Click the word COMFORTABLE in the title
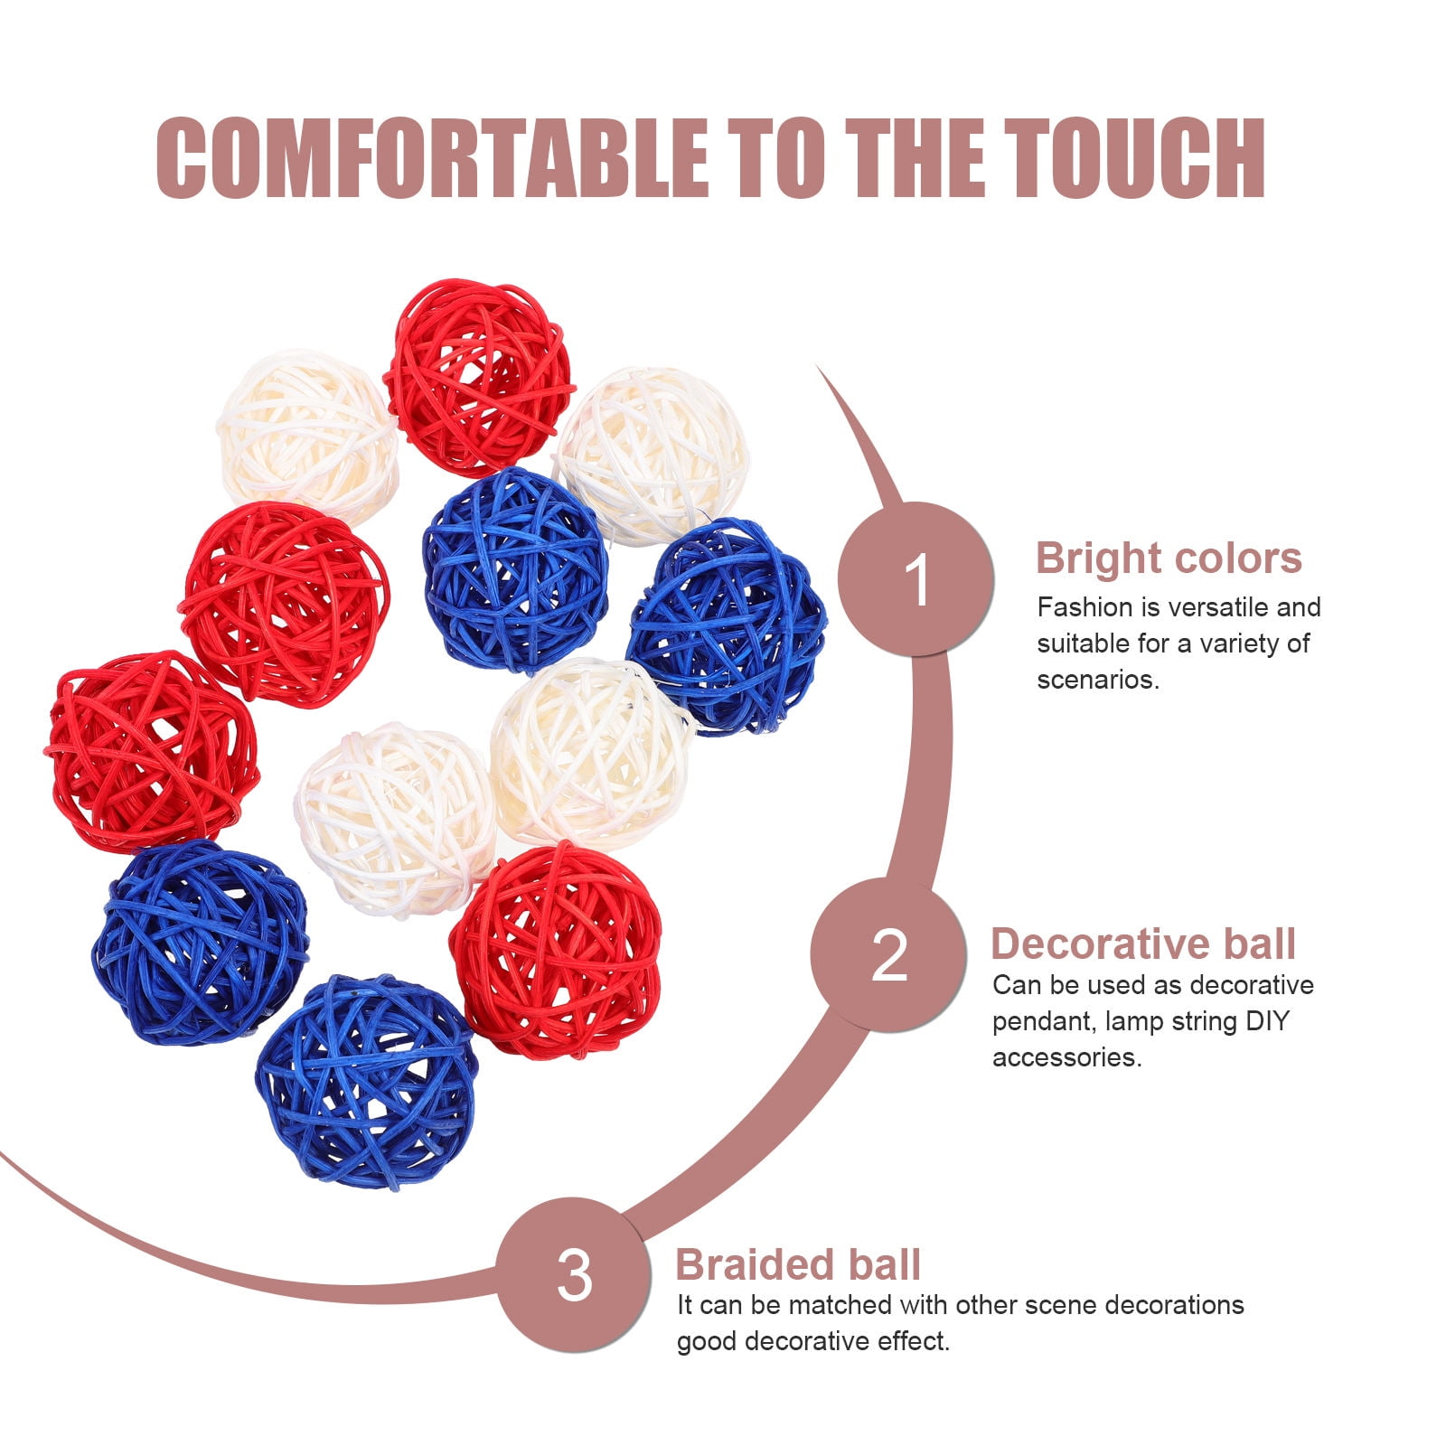click(x=432, y=158)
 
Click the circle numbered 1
click(x=916, y=579)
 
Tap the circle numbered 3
click(x=575, y=1275)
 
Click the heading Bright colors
click(x=1169, y=558)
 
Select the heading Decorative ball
click(x=1143, y=944)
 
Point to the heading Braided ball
click(x=798, y=1264)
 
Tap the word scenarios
click(x=1098, y=680)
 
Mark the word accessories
click(x=1067, y=1057)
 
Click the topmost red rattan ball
click(x=479, y=377)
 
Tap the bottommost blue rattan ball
click(x=366, y=1081)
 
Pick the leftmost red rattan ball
click(x=152, y=752)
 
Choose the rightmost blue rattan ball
click(x=727, y=626)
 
